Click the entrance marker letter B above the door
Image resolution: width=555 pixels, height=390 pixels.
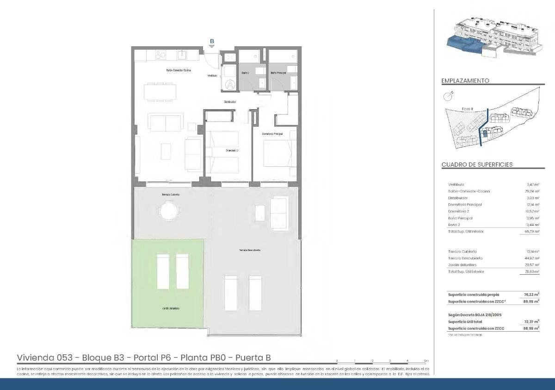[212, 41]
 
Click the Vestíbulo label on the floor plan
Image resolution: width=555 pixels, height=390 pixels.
[212, 75]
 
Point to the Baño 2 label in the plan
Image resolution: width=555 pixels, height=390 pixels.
[246, 73]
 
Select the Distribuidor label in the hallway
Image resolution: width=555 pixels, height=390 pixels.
[230, 101]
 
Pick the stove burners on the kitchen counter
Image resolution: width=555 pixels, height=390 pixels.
[160, 55]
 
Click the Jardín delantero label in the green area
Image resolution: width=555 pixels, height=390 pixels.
[171, 308]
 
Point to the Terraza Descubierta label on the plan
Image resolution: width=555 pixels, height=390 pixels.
[250, 250]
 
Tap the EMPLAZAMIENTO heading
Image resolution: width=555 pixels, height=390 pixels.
[465, 81]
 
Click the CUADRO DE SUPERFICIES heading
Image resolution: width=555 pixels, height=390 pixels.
[477, 164]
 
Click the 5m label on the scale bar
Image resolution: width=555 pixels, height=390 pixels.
[426, 360]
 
